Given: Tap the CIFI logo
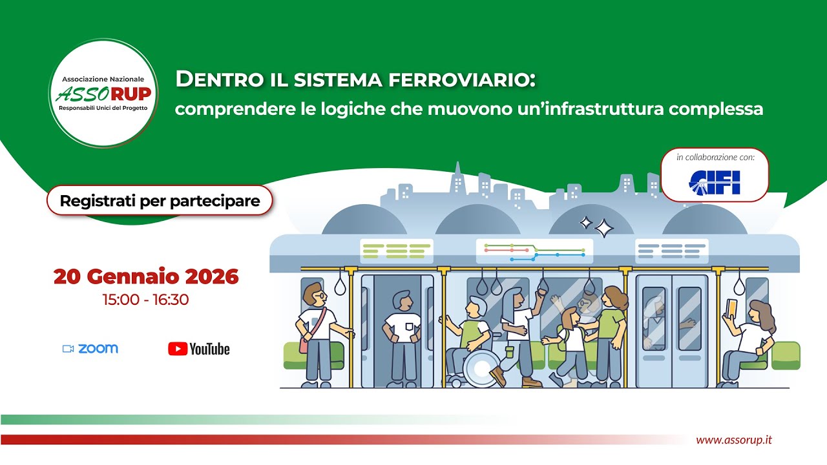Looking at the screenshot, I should coord(715,182).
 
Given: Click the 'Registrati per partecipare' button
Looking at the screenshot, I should coord(160,201).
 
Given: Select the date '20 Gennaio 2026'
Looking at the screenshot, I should coord(146,276).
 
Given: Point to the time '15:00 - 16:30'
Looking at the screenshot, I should coord(145,300).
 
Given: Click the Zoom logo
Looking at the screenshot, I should coord(90,349).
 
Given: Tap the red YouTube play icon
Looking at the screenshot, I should coord(177,349).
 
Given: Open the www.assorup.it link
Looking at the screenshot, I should coord(733,440).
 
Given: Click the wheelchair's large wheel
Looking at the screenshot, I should coord(479,369).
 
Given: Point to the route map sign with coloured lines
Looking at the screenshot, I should coord(534,251).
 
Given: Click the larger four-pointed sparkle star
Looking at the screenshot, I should coord(604,228).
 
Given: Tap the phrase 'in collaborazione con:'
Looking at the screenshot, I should coord(715,158).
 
